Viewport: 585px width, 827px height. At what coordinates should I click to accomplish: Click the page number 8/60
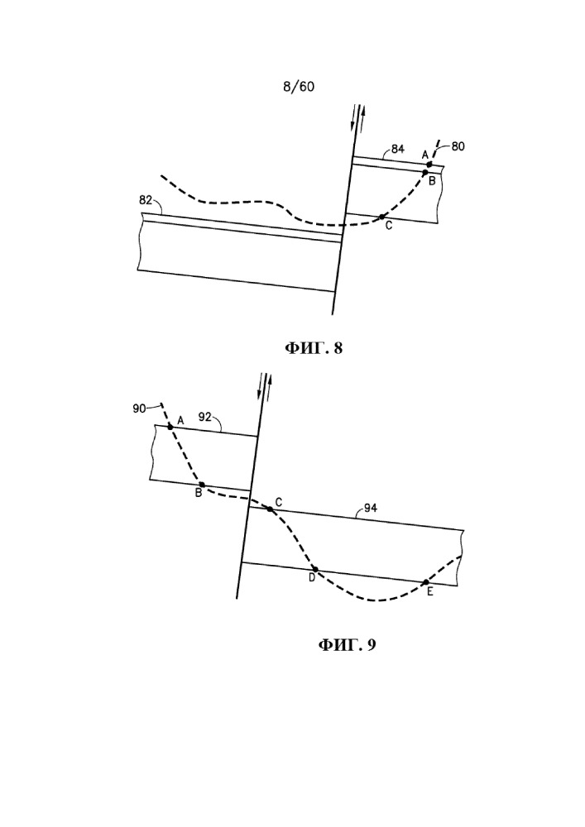coord(299,87)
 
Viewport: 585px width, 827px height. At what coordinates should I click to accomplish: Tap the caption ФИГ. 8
coord(314,348)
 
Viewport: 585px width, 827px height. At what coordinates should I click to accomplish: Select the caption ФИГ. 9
coord(347,644)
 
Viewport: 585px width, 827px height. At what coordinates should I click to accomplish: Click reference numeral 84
coord(398,149)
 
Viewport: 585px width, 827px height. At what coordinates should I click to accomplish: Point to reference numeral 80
coord(458,146)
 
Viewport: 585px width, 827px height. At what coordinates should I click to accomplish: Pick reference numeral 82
coord(146,200)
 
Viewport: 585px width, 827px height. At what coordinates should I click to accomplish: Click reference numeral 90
coord(139,409)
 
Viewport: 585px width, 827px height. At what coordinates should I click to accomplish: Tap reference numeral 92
coord(204,417)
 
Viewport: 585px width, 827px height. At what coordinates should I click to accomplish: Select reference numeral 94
coord(371,509)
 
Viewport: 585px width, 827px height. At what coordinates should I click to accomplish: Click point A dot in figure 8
coord(429,165)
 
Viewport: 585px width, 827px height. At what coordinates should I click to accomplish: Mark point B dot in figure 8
coord(425,172)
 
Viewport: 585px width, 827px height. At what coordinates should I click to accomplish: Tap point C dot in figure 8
coord(381,217)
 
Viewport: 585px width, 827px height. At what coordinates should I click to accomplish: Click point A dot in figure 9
coord(170,427)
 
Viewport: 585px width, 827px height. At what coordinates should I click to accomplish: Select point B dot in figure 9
coord(202,485)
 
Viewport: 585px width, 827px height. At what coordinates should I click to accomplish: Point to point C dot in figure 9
coord(270,509)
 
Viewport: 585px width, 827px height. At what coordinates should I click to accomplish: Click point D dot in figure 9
coord(315,569)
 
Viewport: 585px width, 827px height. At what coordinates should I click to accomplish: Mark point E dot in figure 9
coord(425,582)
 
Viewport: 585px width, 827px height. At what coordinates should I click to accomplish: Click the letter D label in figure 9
coord(312,578)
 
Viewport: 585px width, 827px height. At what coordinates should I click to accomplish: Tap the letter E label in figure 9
coord(430,592)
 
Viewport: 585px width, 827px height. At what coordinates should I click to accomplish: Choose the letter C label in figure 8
coord(389,226)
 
